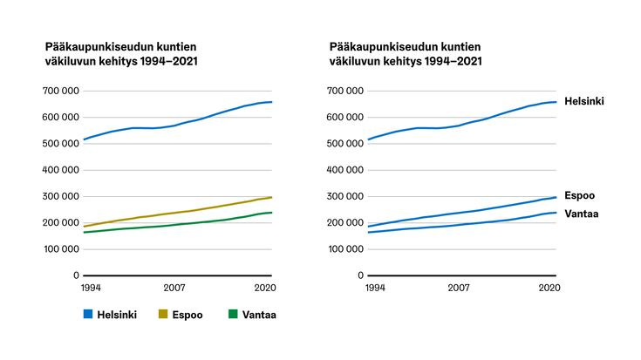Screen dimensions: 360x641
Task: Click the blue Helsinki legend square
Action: tap(87, 314)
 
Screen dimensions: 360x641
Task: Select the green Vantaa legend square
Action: tap(232, 314)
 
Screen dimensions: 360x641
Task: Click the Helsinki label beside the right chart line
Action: tap(584, 101)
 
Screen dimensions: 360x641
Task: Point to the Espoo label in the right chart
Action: tap(579, 196)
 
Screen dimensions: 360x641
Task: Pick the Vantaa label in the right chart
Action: tap(581, 214)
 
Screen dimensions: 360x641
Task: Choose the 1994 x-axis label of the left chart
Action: tap(91, 287)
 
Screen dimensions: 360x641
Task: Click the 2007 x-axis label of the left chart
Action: tap(174, 287)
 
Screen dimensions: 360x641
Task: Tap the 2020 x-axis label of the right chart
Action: tap(549, 287)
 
